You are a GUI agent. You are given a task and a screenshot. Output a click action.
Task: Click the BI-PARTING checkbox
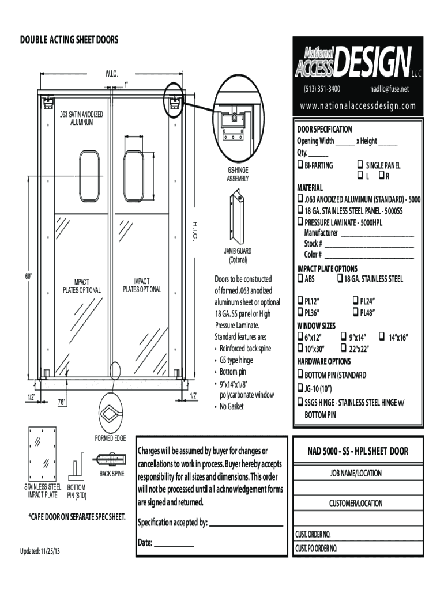coord(300,165)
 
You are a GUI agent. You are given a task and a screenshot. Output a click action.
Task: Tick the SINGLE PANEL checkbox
coord(360,165)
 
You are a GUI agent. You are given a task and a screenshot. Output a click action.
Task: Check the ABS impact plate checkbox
coord(300,279)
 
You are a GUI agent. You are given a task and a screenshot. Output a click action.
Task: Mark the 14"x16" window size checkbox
coord(382,337)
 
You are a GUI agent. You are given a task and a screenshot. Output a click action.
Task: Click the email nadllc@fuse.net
coord(389,89)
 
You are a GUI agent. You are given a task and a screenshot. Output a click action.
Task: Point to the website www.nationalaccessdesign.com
coord(357,106)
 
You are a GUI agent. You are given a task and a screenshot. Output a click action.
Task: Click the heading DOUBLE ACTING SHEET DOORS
coord(69,40)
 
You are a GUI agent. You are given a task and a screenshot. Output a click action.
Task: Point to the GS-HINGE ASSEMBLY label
coord(238,175)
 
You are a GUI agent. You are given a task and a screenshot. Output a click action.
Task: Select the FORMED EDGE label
coord(110,438)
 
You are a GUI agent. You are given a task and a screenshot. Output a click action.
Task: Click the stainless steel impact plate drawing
coord(43,455)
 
